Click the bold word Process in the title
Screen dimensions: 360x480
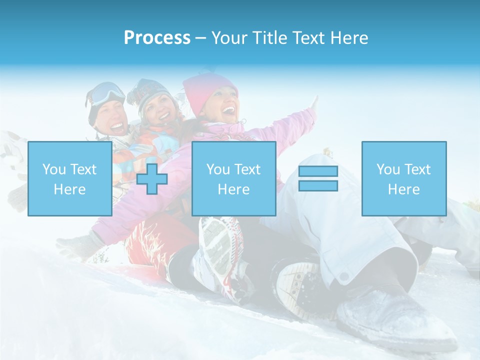pos(157,38)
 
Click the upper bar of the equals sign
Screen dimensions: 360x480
pos(318,171)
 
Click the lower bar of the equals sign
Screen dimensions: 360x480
pos(318,185)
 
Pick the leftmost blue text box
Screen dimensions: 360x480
pos(69,178)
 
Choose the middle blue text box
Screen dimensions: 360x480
pos(233,178)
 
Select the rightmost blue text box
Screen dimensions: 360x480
pos(403,178)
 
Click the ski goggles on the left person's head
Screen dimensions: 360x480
pos(107,93)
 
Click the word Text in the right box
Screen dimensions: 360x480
pos(418,169)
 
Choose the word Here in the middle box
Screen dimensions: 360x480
pos(233,189)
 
